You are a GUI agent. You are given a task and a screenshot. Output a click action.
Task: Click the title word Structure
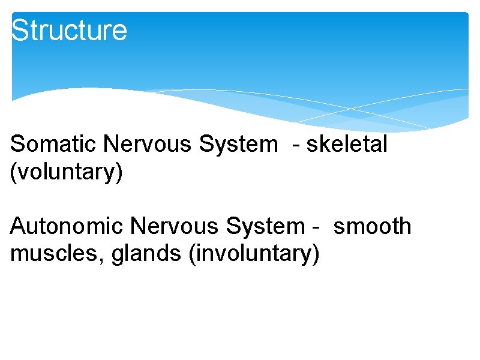pyautogui.click(x=69, y=30)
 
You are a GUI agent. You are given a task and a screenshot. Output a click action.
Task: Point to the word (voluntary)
pyautogui.click(x=67, y=172)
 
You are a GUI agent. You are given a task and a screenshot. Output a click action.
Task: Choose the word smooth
pyautogui.click(x=372, y=226)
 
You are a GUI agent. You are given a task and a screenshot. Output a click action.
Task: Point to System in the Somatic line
pyautogui.click(x=236, y=144)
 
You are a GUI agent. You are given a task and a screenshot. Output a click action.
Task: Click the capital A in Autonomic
pyautogui.click(x=18, y=226)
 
